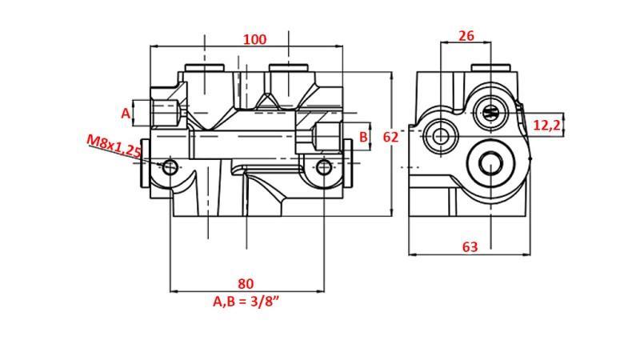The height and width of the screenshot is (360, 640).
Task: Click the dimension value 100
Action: [x=254, y=39]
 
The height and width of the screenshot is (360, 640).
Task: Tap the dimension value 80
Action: [x=246, y=283]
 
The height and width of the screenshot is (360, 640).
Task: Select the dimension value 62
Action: [x=390, y=137]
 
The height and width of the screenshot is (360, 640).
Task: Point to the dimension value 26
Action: [x=466, y=36]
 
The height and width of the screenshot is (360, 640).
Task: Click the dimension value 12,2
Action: [x=546, y=125]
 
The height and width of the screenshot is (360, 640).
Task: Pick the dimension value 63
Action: [x=470, y=247]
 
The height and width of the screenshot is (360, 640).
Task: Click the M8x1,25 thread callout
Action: [x=114, y=146]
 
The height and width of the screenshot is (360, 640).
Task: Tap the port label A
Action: [x=126, y=114]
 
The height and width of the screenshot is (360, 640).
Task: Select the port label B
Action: [x=363, y=137]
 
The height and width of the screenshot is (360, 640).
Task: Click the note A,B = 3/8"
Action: [x=246, y=302]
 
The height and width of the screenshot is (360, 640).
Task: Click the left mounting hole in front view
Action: [x=170, y=167]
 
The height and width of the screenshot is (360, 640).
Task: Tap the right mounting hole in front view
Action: [x=323, y=167]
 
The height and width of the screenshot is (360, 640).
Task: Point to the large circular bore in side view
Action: [x=490, y=163]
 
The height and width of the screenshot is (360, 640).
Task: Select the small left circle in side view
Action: [x=440, y=136]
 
